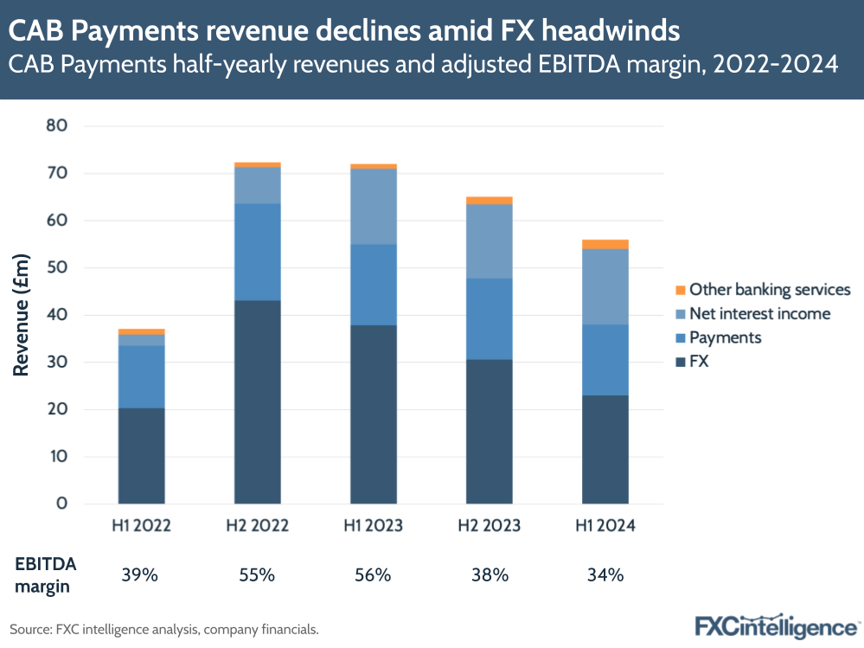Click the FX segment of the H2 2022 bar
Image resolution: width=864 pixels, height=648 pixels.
258,401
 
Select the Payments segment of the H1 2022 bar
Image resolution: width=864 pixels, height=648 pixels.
142,376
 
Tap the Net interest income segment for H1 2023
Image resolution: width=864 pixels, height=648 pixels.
374,206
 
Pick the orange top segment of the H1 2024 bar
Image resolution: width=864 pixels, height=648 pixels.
605,244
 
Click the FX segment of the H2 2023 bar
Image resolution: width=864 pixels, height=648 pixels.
490,431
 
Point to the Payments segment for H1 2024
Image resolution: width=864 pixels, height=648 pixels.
605,360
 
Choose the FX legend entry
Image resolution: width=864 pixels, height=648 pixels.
698,362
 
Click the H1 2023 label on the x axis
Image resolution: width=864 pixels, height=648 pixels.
374,525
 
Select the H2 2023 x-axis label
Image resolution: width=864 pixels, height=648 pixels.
490,525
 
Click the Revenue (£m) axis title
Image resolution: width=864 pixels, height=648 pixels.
22,315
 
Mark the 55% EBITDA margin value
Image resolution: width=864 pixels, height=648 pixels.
258,574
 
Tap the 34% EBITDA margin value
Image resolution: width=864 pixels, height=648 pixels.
605,574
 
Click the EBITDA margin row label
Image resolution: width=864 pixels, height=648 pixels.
45,574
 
